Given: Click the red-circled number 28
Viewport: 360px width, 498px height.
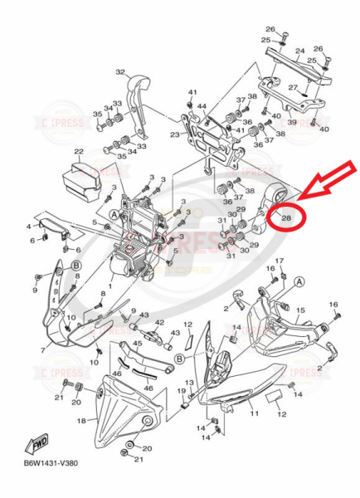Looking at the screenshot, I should tap(286, 217).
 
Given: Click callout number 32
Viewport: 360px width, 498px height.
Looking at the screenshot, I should tap(120, 72).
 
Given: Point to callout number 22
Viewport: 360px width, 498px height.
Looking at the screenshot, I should tap(78, 152).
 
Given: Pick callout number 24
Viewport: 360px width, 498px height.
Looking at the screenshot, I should tap(299, 51).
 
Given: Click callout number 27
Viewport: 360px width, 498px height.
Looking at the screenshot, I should tap(293, 87).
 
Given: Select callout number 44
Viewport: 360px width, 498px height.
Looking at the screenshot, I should tap(201, 106).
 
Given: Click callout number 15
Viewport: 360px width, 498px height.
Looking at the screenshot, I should tap(301, 310).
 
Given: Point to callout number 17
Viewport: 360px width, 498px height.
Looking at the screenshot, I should tap(280, 262).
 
